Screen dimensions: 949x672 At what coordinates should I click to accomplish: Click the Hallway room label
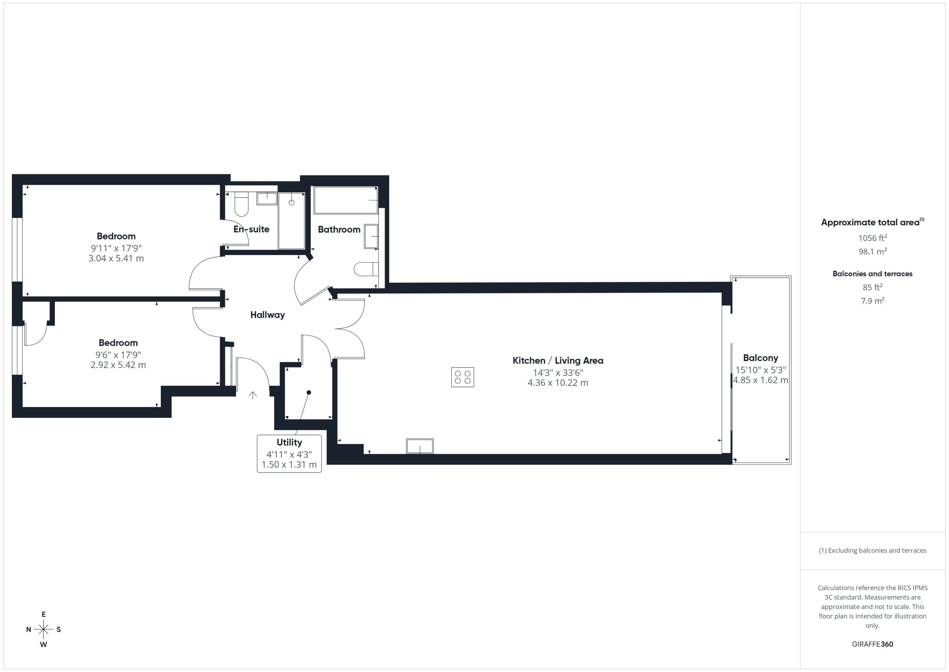(x=267, y=315)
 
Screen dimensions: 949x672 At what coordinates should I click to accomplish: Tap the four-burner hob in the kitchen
(x=463, y=377)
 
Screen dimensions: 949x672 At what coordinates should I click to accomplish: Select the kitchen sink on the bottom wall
(x=420, y=446)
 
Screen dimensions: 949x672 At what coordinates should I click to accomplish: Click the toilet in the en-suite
(x=241, y=204)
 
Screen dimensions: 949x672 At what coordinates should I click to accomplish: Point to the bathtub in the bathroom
(x=345, y=200)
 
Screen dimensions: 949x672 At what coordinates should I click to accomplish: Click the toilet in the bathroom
(x=366, y=269)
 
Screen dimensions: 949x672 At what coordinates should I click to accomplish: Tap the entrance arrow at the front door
(x=252, y=395)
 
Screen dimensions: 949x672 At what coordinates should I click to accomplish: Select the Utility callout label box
(x=289, y=453)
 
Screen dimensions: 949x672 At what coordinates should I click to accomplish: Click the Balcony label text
(x=761, y=358)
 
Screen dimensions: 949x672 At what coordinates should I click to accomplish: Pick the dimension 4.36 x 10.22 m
(x=558, y=383)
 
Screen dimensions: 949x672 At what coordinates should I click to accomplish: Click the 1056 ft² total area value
(x=873, y=238)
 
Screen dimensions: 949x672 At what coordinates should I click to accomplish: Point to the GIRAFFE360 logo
(x=873, y=644)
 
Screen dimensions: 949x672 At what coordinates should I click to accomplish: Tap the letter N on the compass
(x=29, y=629)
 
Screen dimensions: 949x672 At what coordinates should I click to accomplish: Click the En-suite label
(x=251, y=229)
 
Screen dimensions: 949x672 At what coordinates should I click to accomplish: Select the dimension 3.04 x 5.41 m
(x=116, y=259)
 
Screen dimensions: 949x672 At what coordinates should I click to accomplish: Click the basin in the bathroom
(x=371, y=236)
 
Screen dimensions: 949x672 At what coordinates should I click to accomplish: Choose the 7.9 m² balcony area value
(x=873, y=301)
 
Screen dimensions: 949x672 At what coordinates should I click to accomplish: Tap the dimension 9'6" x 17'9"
(x=118, y=355)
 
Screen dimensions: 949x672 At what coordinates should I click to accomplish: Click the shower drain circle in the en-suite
(x=291, y=202)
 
